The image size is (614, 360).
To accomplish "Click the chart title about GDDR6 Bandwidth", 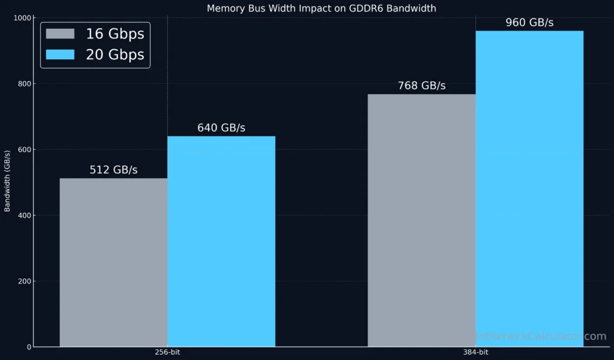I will point(321,8).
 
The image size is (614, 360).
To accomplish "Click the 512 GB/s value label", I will point(113,170).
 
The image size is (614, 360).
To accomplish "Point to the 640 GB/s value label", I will point(221,128).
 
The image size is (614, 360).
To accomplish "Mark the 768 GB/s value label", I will point(422,86).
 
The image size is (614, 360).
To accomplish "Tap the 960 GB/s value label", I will point(529,23).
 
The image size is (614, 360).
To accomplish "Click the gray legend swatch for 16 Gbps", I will point(61,34).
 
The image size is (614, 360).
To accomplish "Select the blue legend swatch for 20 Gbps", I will point(61,55).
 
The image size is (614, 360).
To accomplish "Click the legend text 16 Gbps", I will point(115,34).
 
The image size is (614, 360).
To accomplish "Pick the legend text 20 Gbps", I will point(115,55).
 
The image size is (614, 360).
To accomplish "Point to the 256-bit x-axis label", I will point(167,352).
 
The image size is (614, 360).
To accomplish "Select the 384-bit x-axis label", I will point(475,352).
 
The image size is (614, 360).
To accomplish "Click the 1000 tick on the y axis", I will point(22,18).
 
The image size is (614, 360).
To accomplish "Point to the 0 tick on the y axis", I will point(28,347).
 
